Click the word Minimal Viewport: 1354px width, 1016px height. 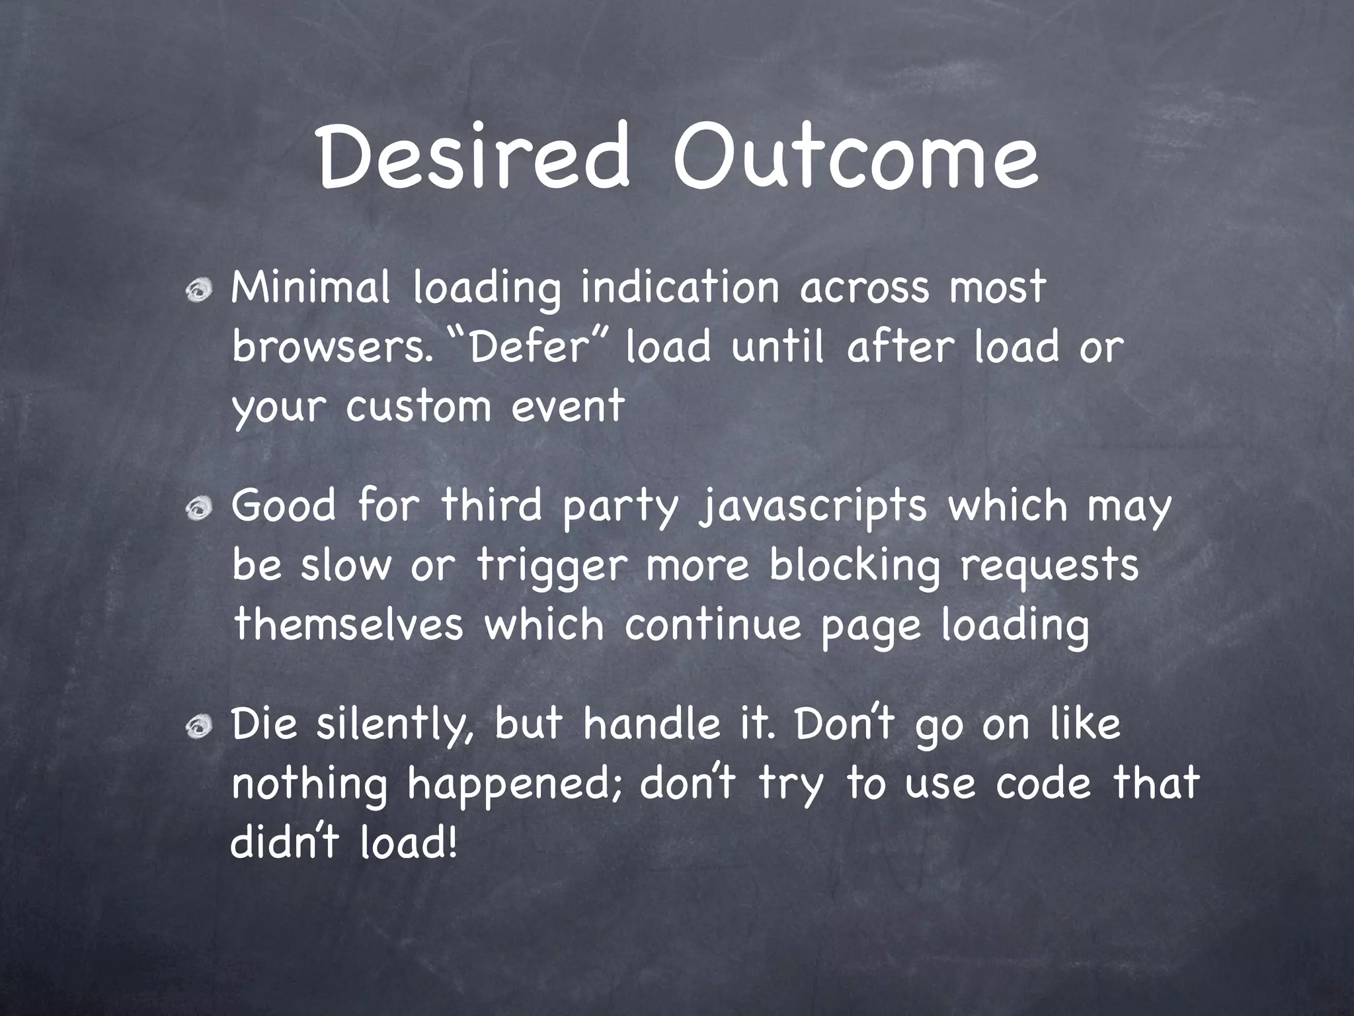click(310, 288)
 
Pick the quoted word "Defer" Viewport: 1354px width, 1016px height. click(527, 347)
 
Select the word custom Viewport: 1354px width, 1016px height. click(418, 405)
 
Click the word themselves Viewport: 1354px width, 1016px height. click(349, 625)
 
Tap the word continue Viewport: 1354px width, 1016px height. click(712, 625)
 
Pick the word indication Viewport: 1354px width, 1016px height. click(680, 288)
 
